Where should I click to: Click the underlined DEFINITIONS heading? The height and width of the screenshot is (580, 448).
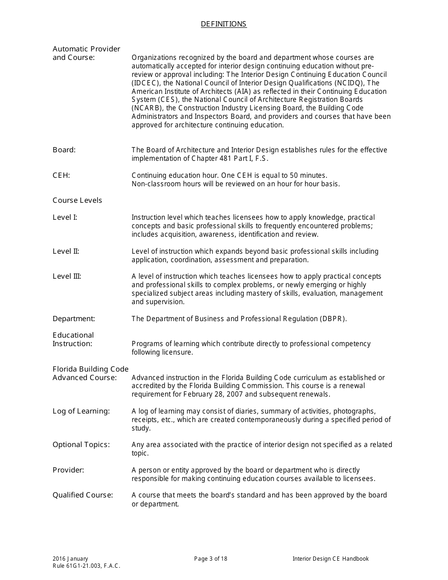pos(224,24)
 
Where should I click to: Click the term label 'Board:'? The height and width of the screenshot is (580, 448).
pos(64,150)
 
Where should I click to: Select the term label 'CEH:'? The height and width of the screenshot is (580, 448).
pos(61,175)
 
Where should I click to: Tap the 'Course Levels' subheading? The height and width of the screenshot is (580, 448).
pos(77,200)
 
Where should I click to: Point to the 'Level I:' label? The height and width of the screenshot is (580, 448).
pos(65,217)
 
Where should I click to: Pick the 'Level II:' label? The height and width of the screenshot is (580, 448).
pos(66,251)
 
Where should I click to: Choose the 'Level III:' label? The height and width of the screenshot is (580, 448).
pos(67,276)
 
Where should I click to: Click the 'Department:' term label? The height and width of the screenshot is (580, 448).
pos(74,319)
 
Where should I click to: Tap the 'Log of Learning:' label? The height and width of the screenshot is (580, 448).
pos(81,411)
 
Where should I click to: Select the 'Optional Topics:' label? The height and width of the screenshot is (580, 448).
pos(81,445)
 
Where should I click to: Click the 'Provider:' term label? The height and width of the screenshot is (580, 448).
pos(68,470)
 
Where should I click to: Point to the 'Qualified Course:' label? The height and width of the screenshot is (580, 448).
pos(83,495)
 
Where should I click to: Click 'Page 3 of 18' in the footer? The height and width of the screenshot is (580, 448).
pos(211,559)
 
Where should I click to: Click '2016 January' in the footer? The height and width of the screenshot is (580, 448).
pos(70,559)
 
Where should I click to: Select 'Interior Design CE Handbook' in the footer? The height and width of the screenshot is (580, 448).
pos(331,559)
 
